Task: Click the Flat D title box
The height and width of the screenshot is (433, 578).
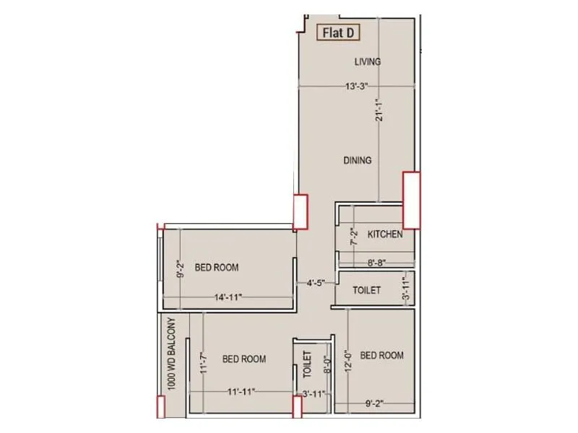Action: tap(340, 32)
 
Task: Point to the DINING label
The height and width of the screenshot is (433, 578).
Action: tap(358, 160)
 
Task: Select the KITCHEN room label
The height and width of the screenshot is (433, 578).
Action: tap(385, 235)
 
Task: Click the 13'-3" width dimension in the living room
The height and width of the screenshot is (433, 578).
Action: tap(357, 87)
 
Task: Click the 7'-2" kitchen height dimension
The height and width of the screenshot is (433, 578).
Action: tap(353, 237)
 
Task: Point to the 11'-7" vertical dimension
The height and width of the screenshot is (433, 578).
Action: tap(204, 359)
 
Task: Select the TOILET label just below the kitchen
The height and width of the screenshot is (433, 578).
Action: tap(366, 291)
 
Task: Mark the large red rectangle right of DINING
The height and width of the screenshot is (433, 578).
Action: tap(411, 200)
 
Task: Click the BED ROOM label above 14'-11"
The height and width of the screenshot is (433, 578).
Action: tap(216, 268)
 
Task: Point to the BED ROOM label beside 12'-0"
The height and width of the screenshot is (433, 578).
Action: tap(381, 355)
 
